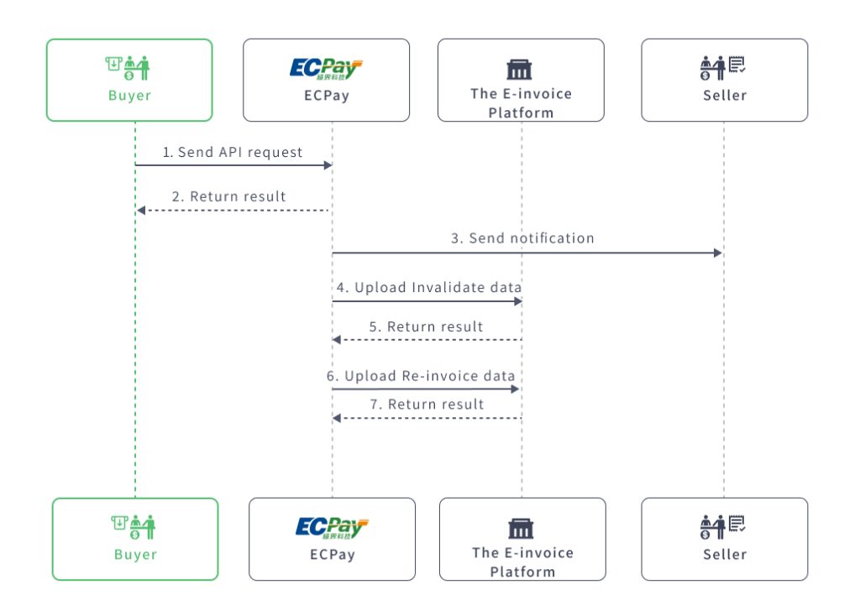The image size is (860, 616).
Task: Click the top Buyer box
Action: point(129,81)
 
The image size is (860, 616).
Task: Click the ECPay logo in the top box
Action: point(326,67)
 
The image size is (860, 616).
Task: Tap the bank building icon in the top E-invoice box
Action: point(520,70)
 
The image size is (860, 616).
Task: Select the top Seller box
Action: point(724,81)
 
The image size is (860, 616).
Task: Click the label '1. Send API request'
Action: point(233,153)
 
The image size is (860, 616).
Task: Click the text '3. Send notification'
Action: point(522,238)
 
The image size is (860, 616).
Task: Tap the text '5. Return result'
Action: point(427,326)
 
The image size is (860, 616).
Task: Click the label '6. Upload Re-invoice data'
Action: point(421,376)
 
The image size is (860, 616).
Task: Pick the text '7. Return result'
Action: point(427,405)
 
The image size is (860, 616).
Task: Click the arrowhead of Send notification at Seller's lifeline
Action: point(718,253)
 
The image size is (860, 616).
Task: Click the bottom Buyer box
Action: point(135,539)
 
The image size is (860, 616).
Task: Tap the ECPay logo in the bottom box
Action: point(332,527)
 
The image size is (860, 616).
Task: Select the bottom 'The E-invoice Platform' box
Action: point(522,539)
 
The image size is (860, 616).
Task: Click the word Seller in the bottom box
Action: point(724,555)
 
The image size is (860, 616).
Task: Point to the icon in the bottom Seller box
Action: point(724,527)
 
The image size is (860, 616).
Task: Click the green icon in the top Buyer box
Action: point(129,68)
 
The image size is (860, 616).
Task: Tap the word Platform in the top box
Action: point(521,112)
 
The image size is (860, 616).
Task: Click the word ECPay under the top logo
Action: point(326,95)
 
